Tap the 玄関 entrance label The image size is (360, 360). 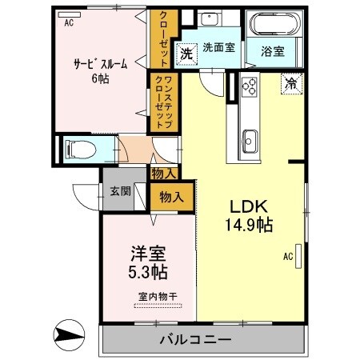coord(120,190)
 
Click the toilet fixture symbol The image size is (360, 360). coord(78,148)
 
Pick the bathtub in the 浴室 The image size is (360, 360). coord(273,25)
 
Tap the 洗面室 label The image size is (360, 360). coord(218,47)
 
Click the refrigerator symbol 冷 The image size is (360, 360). coord(289,82)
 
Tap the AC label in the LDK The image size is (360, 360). coord(287,257)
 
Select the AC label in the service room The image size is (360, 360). coord(69,23)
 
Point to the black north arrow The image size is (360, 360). coord(69,334)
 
